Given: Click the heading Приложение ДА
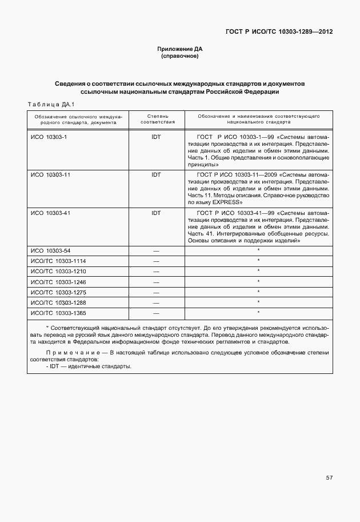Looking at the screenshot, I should click(x=180, y=49).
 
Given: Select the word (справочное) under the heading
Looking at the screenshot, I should click(x=180, y=57).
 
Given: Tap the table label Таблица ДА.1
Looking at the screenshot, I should click(x=47, y=104).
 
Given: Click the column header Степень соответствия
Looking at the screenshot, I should click(x=156, y=119).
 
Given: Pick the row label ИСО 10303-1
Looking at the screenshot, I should click(x=49, y=138).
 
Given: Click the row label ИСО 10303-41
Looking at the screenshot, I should click(x=50, y=213).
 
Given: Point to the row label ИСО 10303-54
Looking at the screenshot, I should click(x=50, y=251).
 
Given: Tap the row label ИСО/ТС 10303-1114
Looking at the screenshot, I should click(x=58, y=261).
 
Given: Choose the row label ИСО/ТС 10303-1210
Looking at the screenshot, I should click(x=58, y=271).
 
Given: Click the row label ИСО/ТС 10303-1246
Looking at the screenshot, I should click(x=58, y=282).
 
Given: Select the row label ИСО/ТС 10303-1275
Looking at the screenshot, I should click(x=58, y=292).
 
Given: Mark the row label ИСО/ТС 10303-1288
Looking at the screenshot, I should click(x=58, y=302).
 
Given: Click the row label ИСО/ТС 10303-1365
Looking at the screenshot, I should click(x=58, y=313).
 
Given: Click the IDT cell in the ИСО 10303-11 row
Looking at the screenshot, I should click(x=156, y=174).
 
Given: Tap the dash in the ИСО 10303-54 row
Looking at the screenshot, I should click(x=156, y=251).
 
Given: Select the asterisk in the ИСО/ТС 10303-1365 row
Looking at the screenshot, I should click(x=258, y=313).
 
